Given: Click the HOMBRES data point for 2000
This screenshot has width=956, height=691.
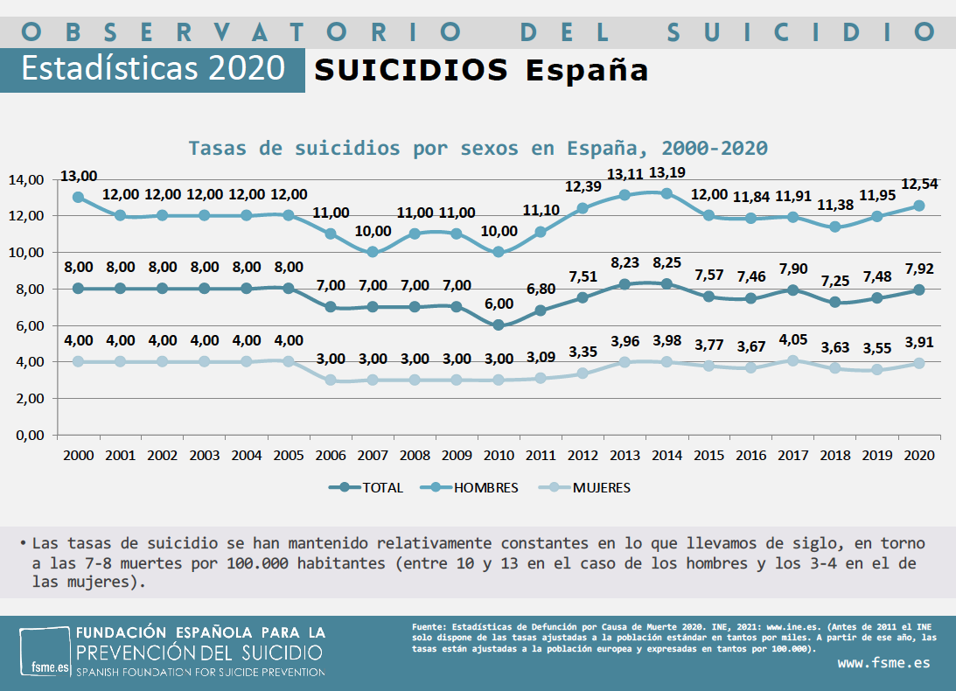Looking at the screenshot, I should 78,197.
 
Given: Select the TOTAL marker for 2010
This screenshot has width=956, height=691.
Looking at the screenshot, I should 499,325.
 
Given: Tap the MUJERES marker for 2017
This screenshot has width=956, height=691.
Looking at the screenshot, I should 793,360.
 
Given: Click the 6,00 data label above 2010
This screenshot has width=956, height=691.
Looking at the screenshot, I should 499,304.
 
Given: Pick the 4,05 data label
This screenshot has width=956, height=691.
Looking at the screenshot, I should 793,339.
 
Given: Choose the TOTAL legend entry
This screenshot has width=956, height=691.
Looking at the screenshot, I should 366,488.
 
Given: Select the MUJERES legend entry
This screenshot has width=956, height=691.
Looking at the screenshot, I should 585,488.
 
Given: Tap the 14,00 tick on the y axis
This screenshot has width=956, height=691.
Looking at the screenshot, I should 25,180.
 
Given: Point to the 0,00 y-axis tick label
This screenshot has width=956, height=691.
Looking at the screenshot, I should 29,435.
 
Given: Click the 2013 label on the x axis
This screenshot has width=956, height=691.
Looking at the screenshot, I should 625,456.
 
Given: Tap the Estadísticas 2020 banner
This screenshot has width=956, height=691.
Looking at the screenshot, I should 153,68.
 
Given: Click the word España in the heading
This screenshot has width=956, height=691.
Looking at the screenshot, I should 587,70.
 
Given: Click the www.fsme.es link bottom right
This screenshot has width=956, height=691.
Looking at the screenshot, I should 883,662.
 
